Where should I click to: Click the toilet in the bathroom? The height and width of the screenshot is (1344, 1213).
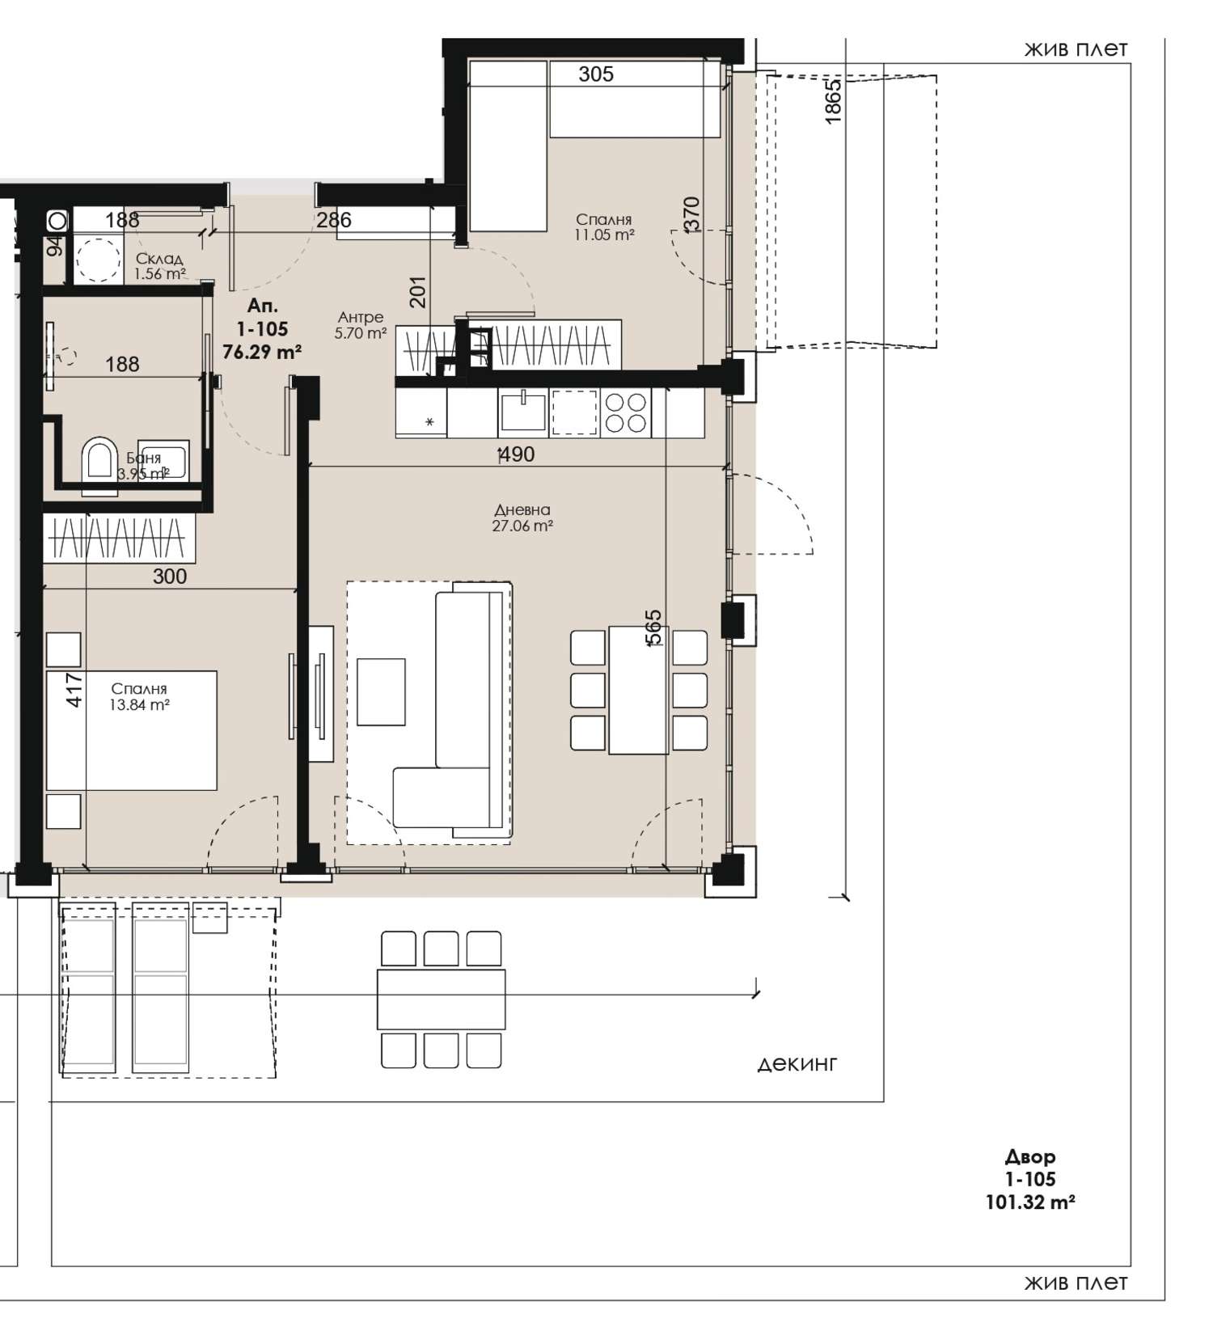tap(100, 464)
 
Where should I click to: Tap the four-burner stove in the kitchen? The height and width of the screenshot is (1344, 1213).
tap(626, 413)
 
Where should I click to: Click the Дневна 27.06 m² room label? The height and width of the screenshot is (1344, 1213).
tap(522, 518)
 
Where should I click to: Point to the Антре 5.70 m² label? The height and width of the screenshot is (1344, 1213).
tap(361, 324)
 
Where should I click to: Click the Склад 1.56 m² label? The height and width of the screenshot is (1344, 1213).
tap(159, 266)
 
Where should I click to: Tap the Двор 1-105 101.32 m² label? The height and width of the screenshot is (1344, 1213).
tap(1030, 1179)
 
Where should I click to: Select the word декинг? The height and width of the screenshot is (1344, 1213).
tap(797, 1064)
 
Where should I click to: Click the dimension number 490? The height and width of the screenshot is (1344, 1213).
tap(517, 454)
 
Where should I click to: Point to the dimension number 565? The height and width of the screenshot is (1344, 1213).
tap(653, 628)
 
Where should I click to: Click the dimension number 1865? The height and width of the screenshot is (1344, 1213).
tap(833, 100)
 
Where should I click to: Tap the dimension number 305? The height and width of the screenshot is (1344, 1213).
tap(596, 74)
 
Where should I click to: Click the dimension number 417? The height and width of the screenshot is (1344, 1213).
tap(74, 691)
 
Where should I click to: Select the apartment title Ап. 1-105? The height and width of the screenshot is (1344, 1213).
tap(262, 318)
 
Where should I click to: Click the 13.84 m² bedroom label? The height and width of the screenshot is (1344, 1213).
tap(139, 696)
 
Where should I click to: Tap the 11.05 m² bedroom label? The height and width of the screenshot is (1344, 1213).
tap(604, 227)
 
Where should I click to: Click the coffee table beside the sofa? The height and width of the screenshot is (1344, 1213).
tap(381, 691)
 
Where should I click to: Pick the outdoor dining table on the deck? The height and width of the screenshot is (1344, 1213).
tap(441, 1000)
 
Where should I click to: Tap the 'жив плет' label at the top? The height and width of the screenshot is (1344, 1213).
tap(1076, 49)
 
